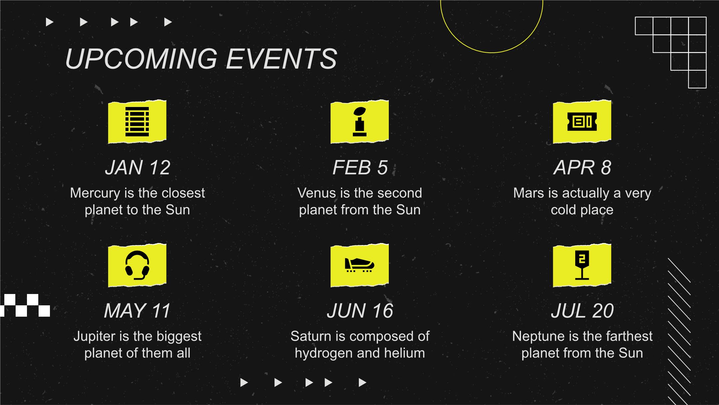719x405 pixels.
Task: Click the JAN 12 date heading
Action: [x=137, y=167]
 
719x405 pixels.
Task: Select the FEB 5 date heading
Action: [x=360, y=167]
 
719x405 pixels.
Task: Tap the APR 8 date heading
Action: [x=582, y=167]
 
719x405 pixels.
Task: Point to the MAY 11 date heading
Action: [x=137, y=311]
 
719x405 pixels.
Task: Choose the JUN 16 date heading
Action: [x=360, y=311]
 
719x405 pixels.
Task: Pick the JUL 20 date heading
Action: [x=582, y=311]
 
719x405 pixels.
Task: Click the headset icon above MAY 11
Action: [x=137, y=265]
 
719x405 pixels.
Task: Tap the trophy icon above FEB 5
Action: [x=359, y=122]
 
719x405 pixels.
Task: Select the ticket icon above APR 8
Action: [x=582, y=122]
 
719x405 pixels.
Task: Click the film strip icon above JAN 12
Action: [x=137, y=122]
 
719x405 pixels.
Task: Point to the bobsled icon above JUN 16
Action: [x=359, y=265]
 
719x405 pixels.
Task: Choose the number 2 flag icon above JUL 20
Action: [x=582, y=265]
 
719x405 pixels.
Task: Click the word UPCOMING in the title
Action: [x=141, y=59]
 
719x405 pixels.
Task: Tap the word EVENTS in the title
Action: [x=282, y=59]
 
